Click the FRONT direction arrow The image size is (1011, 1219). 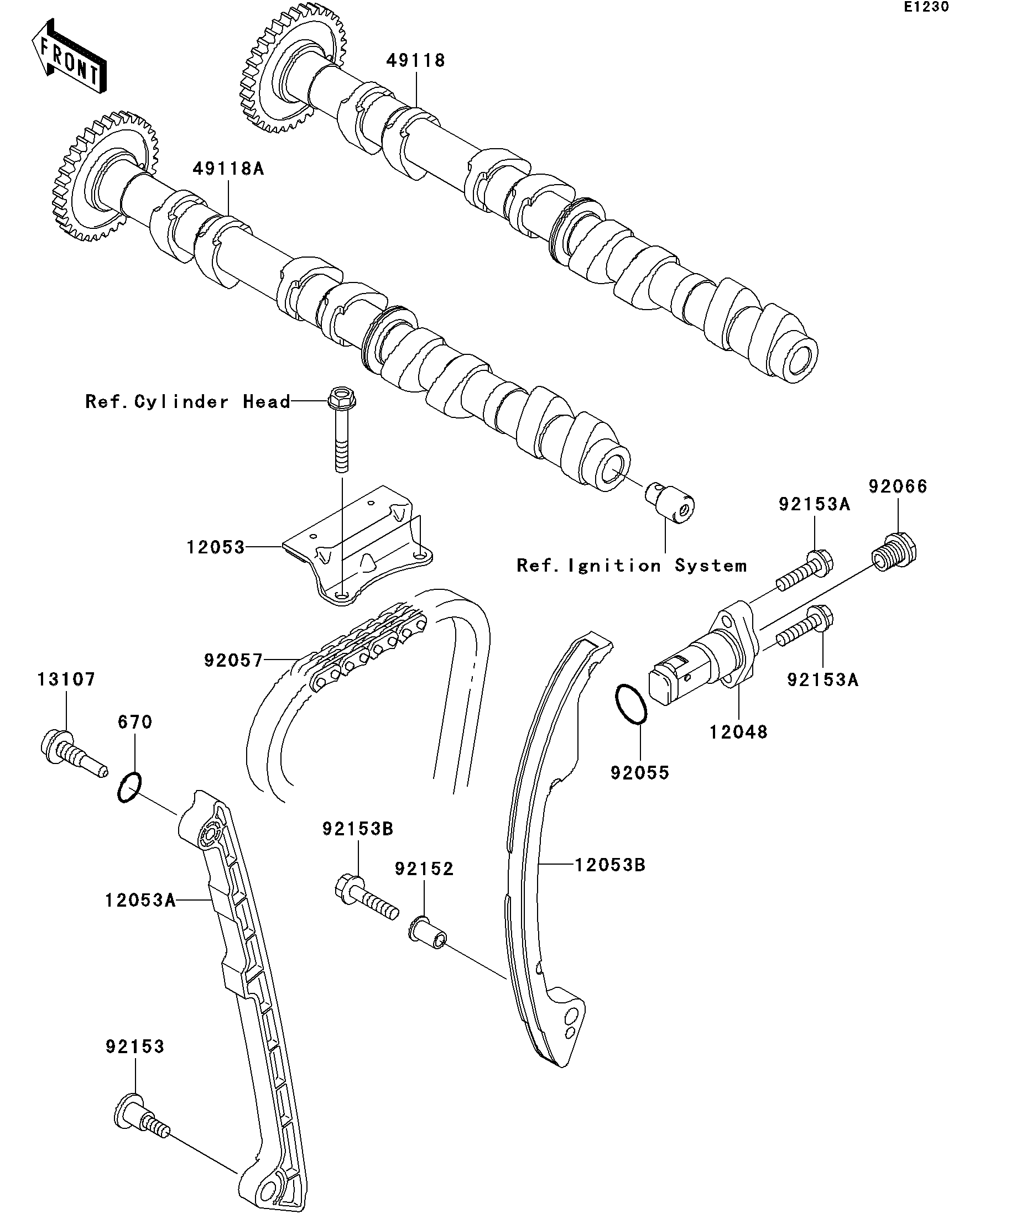click(69, 56)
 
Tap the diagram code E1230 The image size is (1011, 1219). click(926, 7)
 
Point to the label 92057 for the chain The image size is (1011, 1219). click(233, 661)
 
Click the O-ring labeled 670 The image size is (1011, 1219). click(129, 787)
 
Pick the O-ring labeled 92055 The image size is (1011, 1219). click(631, 705)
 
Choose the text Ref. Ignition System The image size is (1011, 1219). click(632, 566)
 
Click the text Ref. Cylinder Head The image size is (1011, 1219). click(187, 402)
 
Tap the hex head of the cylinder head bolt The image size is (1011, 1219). click(342, 397)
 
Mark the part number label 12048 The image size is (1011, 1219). click(739, 732)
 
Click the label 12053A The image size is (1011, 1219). click(140, 901)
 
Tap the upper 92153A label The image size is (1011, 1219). click(815, 504)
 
